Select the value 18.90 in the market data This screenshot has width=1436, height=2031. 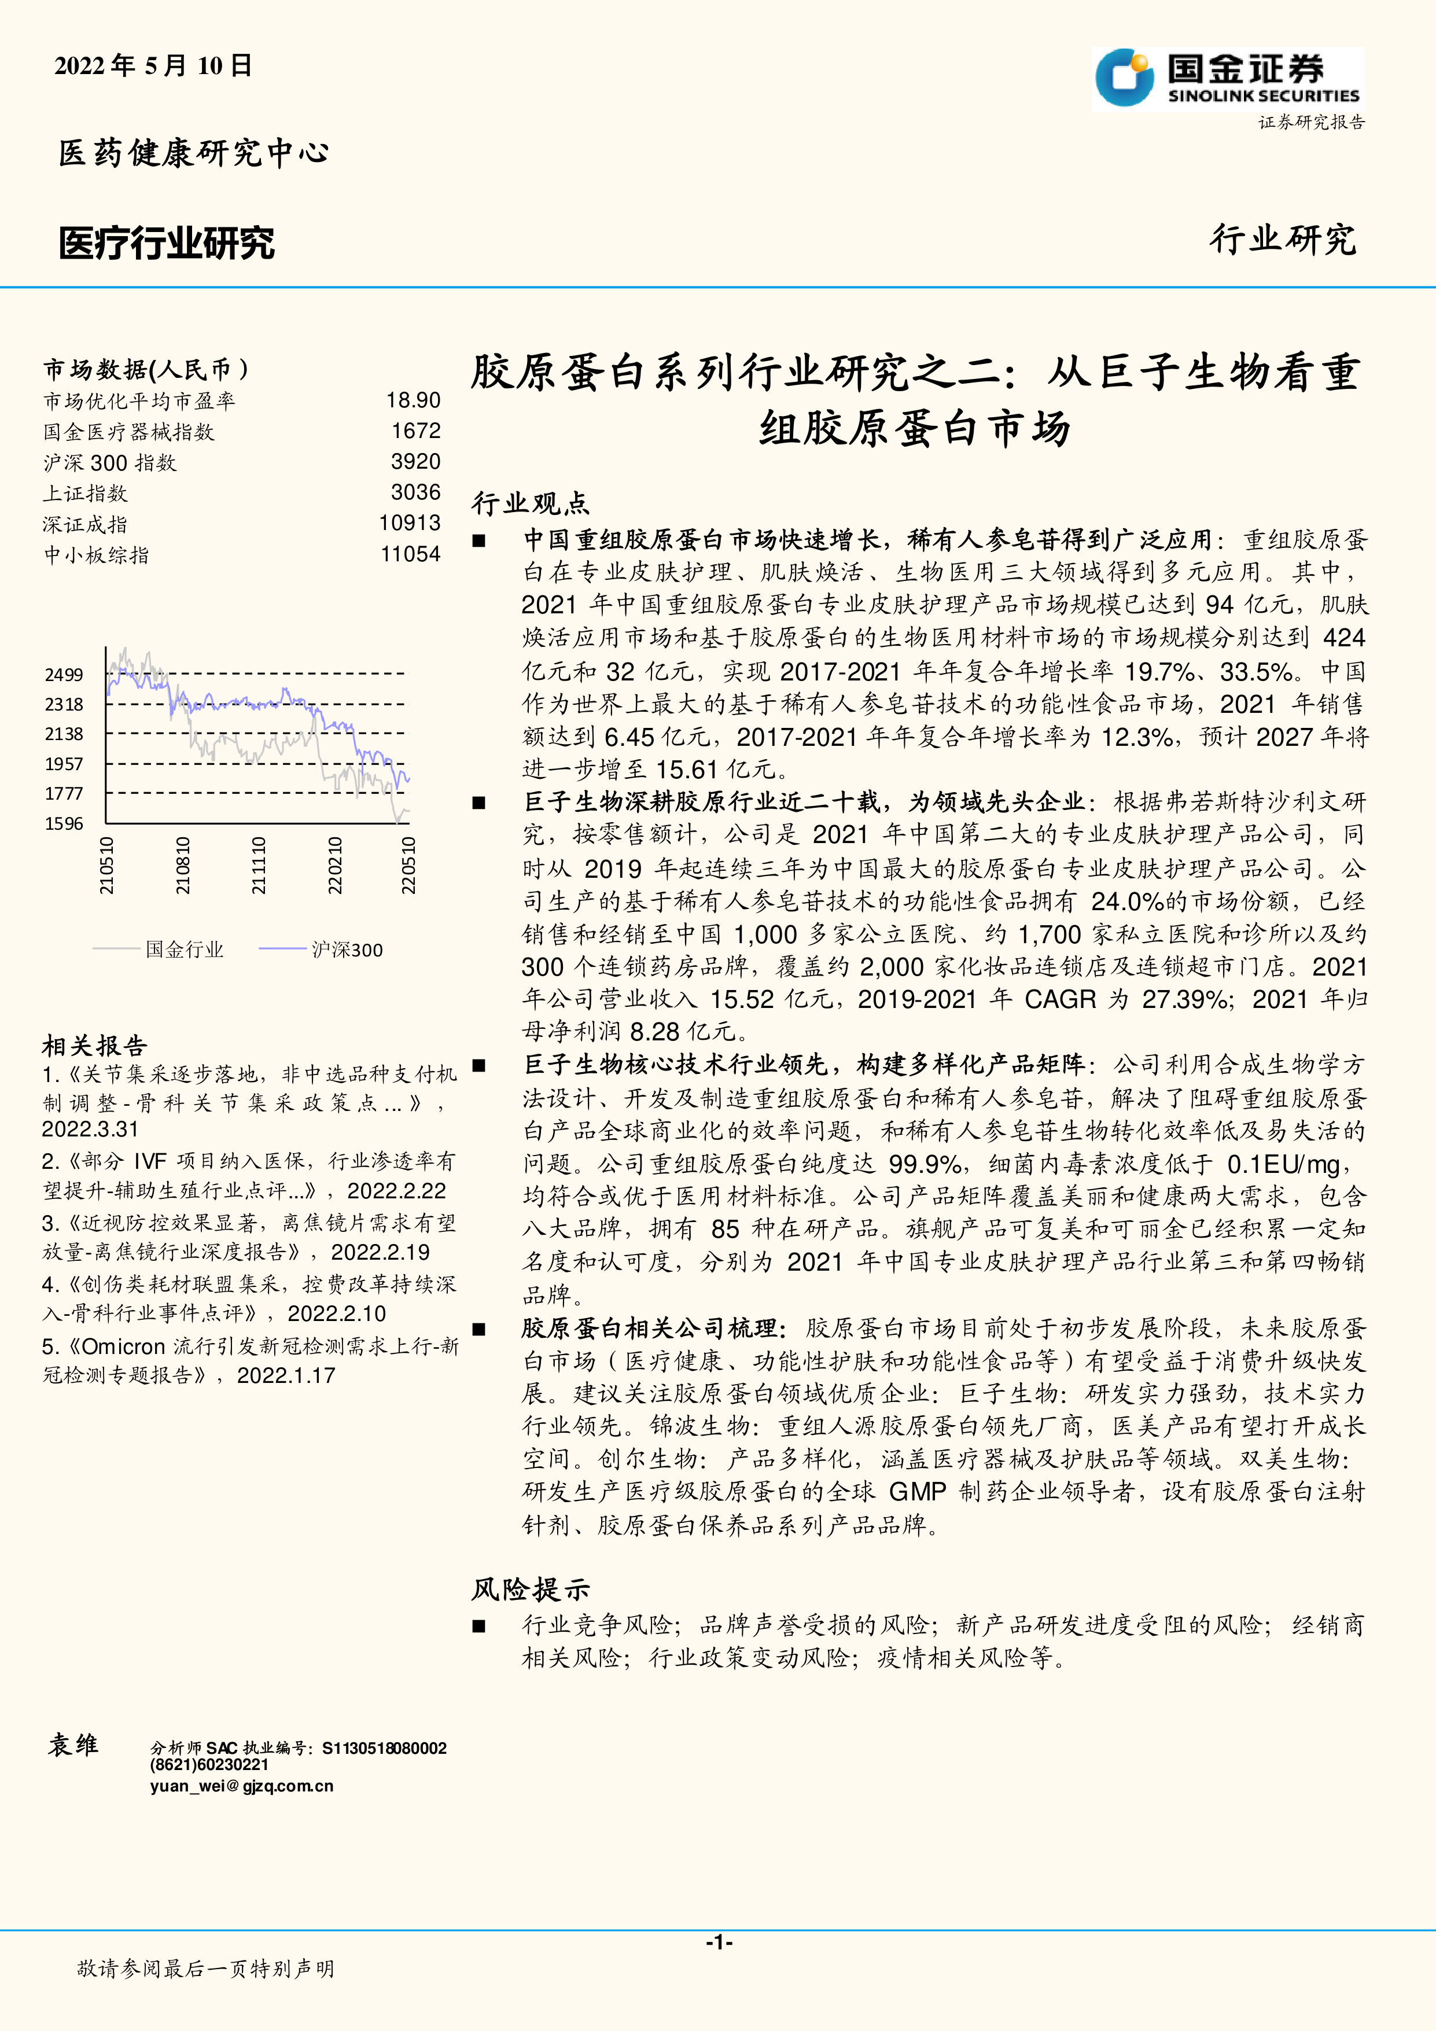[x=413, y=401]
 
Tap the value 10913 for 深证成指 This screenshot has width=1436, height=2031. [x=410, y=524]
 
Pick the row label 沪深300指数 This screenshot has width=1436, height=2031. [x=111, y=463]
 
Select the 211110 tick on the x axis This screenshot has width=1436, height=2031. [x=258, y=865]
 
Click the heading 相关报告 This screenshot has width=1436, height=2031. [x=95, y=1046]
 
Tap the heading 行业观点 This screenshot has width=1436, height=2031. [x=531, y=503]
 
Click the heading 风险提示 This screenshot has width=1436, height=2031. [x=531, y=1589]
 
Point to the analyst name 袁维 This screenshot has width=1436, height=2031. [x=73, y=1745]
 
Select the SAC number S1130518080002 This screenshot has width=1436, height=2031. [x=385, y=1748]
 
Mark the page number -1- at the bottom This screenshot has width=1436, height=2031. [x=718, y=1942]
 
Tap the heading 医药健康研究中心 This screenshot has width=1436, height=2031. [x=194, y=153]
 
